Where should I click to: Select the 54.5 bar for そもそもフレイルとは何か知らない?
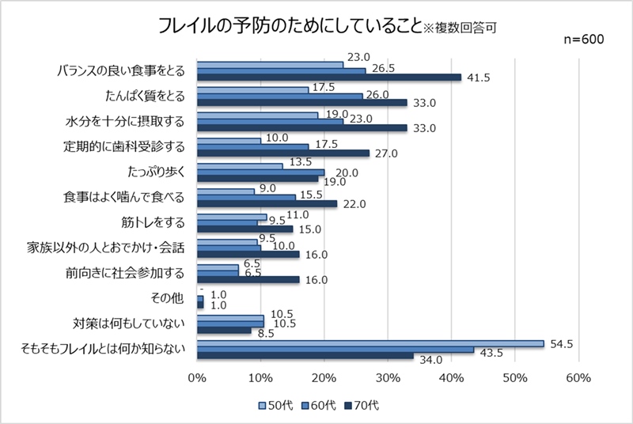tap(370, 343)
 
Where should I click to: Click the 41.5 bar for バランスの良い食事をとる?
tap(328, 78)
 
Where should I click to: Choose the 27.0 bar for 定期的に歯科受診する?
tap(282, 153)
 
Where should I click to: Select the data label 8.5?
tap(267, 333)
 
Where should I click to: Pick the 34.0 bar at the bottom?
tap(305, 356)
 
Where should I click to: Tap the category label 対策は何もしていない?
tap(128, 324)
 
